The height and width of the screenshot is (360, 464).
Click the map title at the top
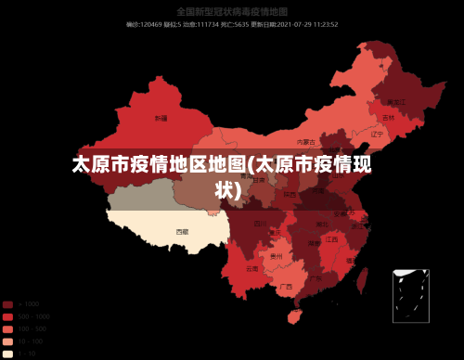231,12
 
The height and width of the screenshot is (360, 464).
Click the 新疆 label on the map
161,119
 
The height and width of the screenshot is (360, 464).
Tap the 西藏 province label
182,231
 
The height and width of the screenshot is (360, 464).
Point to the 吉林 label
388,118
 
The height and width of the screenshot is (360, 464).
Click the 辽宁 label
377,134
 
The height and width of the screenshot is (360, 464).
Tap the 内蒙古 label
303,142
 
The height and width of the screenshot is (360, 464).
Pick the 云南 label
252,268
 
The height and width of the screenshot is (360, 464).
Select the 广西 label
288,287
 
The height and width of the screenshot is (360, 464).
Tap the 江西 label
331,239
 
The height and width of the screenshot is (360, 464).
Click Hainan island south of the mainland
295,316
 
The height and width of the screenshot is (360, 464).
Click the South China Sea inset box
410,295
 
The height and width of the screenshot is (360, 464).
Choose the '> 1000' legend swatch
8,304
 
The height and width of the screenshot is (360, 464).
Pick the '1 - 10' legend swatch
8,354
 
